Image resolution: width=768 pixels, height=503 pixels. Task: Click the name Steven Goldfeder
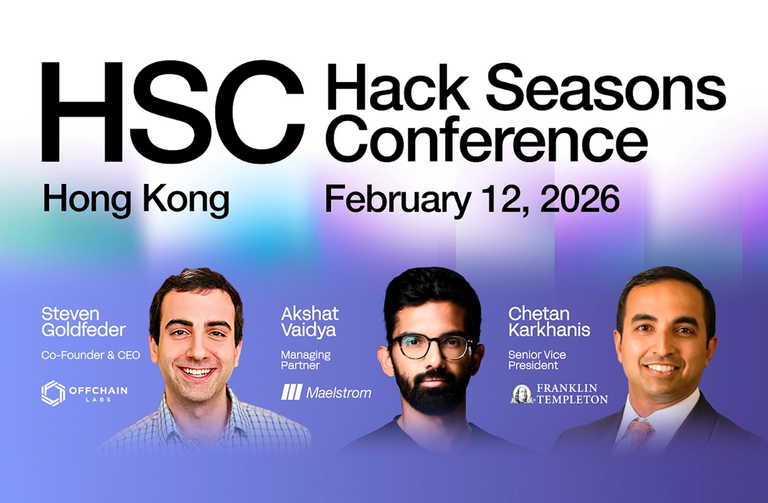point(83,322)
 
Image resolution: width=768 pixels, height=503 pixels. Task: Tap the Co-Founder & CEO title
point(90,355)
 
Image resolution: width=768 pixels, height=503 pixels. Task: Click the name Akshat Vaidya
point(310,322)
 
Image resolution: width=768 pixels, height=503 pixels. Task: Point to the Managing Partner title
point(306,360)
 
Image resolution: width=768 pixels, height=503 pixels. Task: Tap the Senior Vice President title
point(537,360)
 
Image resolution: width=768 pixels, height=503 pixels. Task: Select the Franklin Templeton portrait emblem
point(522,393)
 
